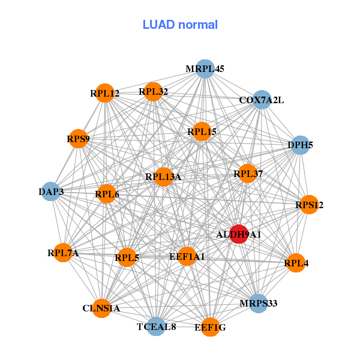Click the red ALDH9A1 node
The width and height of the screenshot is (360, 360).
[239, 234]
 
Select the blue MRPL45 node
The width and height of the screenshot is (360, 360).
[205, 69]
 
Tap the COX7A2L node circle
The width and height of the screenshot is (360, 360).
[262, 100]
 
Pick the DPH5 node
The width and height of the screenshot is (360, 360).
[299, 145]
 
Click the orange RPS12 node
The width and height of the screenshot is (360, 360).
[309, 205]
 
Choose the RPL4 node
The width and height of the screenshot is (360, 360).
[295, 262]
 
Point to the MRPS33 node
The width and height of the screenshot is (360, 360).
[258, 303]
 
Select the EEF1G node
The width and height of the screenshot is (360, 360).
[210, 327]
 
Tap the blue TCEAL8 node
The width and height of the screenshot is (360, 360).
[156, 326]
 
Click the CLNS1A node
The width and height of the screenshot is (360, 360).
[101, 308]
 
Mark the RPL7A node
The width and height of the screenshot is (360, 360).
[64, 253]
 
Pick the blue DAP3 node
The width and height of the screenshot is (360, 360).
[51, 191]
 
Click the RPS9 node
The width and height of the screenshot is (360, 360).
[78, 139]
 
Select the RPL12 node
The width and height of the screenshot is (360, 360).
[105, 93]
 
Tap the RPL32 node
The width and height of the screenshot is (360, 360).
[153, 92]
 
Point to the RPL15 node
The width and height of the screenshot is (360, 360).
[202, 131]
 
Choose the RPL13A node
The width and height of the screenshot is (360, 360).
[163, 176]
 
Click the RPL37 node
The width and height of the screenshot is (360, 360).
[248, 174]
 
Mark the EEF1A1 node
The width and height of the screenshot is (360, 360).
[187, 256]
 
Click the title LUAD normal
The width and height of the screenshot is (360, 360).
[180, 25]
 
